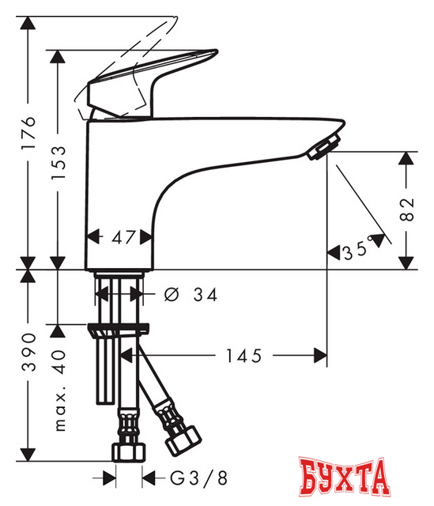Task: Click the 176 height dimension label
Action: (x=28, y=138)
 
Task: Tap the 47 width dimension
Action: (x=120, y=236)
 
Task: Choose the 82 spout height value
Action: (x=406, y=209)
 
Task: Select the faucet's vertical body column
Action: (x=119, y=190)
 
